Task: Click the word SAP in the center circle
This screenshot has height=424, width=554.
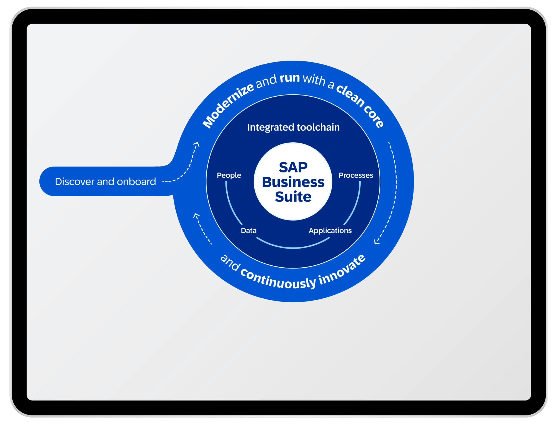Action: [x=293, y=167]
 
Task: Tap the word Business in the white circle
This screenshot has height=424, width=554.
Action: [x=293, y=182]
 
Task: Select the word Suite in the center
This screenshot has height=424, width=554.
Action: [x=293, y=197]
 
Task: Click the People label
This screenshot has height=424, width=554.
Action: [x=229, y=175]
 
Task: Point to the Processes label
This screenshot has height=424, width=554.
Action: [x=356, y=175]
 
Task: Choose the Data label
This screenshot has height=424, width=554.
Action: [x=248, y=231]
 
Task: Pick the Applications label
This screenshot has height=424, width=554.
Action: [x=330, y=231]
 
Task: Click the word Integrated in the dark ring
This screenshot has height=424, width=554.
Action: [x=271, y=127]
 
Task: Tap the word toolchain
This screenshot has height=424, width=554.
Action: [x=318, y=127]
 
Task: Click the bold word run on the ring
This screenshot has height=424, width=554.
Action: [x=290, y=78]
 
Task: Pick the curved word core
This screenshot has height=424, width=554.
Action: [x=374, y=116]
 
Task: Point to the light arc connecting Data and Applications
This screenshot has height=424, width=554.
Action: [x=293, y=247]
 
